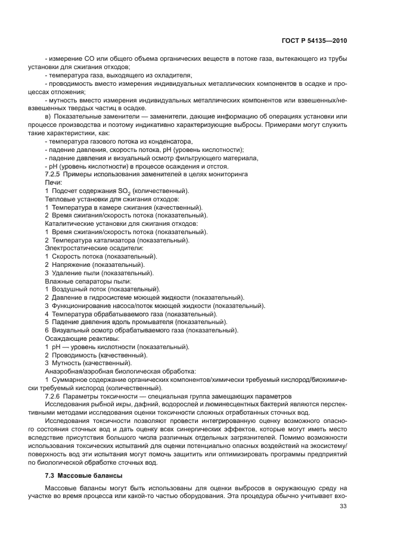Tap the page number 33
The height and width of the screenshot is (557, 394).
343,506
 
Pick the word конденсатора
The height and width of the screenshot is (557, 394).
171,141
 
